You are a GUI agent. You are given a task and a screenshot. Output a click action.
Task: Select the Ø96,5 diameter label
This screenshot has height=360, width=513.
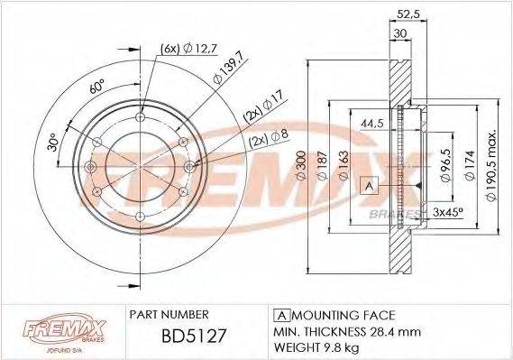click(x=443, y=167)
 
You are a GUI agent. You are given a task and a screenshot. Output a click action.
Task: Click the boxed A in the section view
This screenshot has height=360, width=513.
click(x=367, y=185)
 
